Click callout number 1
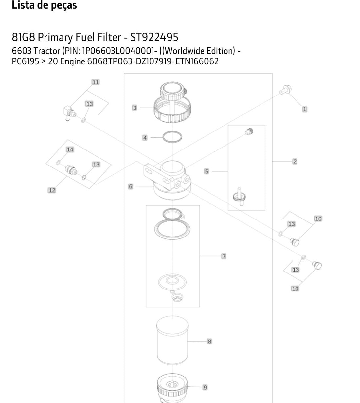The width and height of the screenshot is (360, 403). (304, 109)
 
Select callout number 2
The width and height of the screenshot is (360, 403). (295, 161)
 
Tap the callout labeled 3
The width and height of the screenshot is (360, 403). (135, 108)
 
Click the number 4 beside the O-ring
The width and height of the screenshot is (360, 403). (145, 138)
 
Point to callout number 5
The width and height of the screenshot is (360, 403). (207, 171)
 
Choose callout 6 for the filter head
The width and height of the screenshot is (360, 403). (130, 186)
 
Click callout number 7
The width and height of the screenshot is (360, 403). (224, 256)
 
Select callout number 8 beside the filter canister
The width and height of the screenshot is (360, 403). (209, 342)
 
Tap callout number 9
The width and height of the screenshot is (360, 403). (205, 387)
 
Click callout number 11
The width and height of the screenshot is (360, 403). (96, 82)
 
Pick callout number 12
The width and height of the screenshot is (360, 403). (52, 190)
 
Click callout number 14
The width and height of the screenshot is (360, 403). (70, 149)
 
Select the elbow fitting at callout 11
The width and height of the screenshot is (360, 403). (69, 113)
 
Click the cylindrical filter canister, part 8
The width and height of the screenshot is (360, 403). (172, 341)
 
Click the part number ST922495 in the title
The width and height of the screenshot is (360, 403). (154, 37)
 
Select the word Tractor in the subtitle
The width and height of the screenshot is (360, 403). (47, 51)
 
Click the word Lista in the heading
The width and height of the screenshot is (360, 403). (24, 5)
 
